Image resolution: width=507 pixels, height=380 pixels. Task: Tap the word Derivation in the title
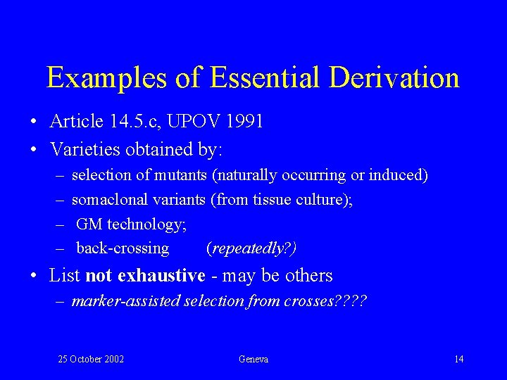pos(396,77)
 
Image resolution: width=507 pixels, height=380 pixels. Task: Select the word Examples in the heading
pos(106,77)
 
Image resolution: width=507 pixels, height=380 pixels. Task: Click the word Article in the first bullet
pos(77,121)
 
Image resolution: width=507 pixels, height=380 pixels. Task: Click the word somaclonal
pos(104,199)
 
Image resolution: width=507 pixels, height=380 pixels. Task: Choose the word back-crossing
pos(123,248)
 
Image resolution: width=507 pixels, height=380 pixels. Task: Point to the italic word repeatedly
pos(247,248)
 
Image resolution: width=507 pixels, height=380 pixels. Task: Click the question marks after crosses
pos(351,301)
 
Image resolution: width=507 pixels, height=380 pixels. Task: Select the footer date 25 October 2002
pos(91,360)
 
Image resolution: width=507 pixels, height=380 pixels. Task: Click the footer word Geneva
pos(254,360)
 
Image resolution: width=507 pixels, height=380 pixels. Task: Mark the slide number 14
pos(458,360)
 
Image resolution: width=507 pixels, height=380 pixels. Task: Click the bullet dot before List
pos(35,276)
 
